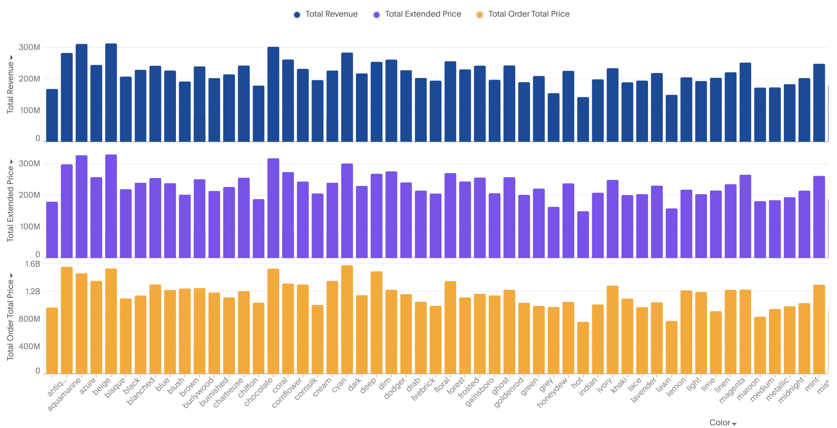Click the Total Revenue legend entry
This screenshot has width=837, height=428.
coord(331,14)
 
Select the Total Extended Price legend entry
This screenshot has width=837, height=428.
coord(423,14)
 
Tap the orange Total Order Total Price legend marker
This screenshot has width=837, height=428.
coord(480,15)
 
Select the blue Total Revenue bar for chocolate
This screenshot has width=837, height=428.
coord(273,95)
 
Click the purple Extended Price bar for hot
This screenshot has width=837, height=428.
coord(583,234)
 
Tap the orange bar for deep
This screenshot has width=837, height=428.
coord(377,322)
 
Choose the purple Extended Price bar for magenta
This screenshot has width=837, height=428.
coord(745,216)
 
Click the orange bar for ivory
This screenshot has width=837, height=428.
coord(612,329)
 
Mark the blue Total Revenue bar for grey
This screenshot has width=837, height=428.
coord(553,118)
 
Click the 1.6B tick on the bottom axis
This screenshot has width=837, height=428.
coord(32,264)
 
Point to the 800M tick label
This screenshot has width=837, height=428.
coord(29,319)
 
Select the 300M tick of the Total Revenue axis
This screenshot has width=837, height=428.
coord(29,47)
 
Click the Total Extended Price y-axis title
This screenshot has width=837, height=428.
coord(10,203)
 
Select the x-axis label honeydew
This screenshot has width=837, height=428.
coord(552,393)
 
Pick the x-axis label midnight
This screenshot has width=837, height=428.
coord(791,390)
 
